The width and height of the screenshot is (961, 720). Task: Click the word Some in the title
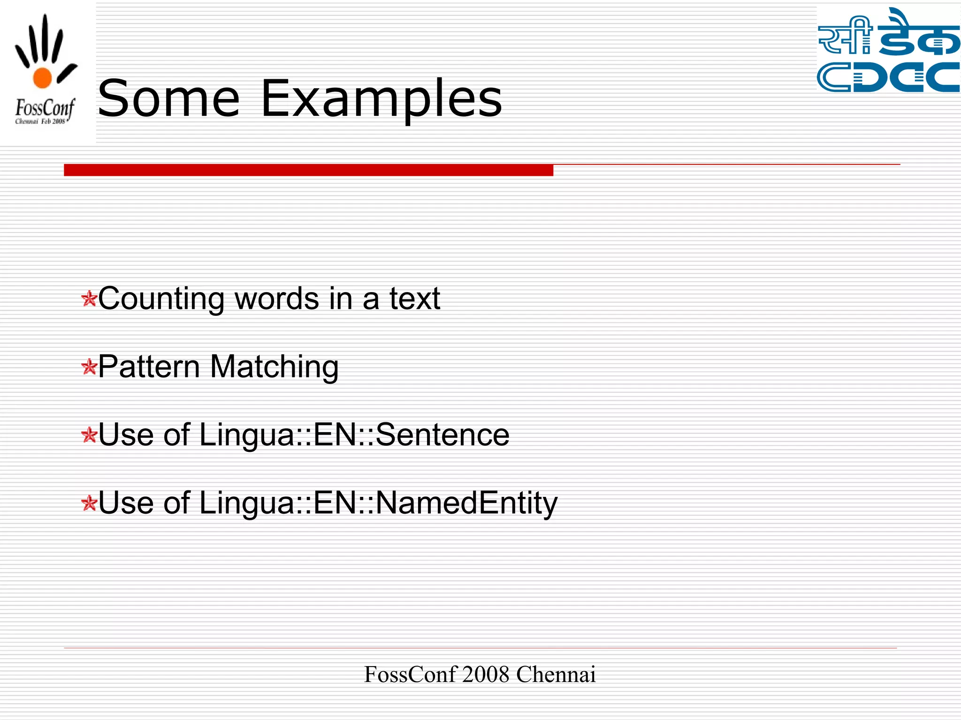[x=168, y=98]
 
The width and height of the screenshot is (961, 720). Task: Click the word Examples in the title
[x=381, y=99]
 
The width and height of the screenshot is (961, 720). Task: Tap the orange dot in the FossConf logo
[x=42, y=78]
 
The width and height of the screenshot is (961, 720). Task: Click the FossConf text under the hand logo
[x=45, y=108]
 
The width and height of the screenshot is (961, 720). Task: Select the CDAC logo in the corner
[x=888, y=50]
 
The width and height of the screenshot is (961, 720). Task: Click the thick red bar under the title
[x=308, y=170]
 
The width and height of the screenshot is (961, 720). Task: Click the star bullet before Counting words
[x=89, y=299]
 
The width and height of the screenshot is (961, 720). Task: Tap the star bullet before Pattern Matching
[x=89, y=367]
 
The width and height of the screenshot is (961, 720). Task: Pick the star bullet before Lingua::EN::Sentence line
[x=89, y=435]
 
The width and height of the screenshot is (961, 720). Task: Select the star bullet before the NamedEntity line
[x=89, y=503]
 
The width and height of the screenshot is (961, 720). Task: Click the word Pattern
[x=149, y=366]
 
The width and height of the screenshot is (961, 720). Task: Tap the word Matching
[x=274, y=367]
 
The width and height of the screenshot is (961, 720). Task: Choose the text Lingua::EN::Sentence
[x=354, y=435]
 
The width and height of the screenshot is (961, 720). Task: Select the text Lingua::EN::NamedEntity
[x=378, y=503]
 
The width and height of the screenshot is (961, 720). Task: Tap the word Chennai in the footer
[x=556, y=675]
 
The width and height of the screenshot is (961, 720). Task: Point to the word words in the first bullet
[x=277, y=299]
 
